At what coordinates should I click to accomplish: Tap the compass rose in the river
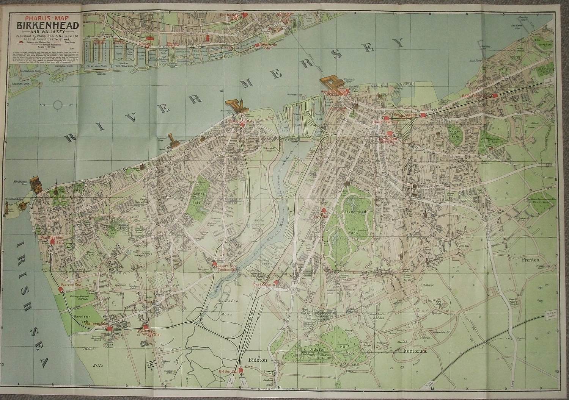(58, 105)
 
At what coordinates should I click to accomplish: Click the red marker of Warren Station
(61, 290)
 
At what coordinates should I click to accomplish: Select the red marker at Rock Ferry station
(494, 96)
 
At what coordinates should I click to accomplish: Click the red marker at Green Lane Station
(423, 115)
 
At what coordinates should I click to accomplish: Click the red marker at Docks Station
(276, 283)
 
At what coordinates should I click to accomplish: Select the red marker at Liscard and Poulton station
(214, 264)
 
